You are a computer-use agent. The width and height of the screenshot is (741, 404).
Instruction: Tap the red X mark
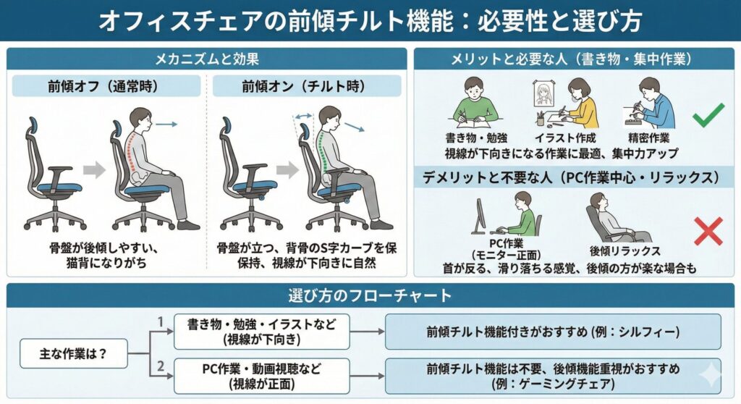pos(708,232)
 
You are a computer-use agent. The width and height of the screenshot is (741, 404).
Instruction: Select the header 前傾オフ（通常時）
pos(106,86)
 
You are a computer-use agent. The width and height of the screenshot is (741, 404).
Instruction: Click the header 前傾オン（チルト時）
pos(307,86)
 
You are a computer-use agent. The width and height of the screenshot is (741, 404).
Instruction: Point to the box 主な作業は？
pos(74,353)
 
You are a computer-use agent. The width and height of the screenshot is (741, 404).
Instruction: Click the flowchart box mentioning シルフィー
pos(553,332)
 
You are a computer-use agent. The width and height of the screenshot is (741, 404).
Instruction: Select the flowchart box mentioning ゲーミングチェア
pos(553,376)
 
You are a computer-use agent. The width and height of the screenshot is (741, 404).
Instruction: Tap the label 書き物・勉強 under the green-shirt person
pos(476,138)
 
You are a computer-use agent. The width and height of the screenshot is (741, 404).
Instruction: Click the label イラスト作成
pos(565,138)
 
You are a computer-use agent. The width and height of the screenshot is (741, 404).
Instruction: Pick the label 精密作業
pos(649,138)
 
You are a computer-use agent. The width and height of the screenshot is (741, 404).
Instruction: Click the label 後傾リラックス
pos(624,251)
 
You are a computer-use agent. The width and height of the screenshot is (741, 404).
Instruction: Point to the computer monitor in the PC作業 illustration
pos(480,216)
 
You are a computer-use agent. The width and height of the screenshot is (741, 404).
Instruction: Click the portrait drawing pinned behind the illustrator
pos(543,93)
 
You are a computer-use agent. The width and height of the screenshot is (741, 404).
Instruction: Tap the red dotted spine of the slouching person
pos(133,151)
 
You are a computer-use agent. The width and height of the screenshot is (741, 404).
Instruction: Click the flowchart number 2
pos(161,366)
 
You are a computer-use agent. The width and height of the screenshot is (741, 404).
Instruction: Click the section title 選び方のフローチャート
pos(370,295)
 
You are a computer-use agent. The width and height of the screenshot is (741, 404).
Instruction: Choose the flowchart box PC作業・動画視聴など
pos(262,376)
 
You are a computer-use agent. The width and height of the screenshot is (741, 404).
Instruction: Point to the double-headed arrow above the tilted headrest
pos(304,116)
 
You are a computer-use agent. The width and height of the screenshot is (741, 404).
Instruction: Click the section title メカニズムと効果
pos(207,59)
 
